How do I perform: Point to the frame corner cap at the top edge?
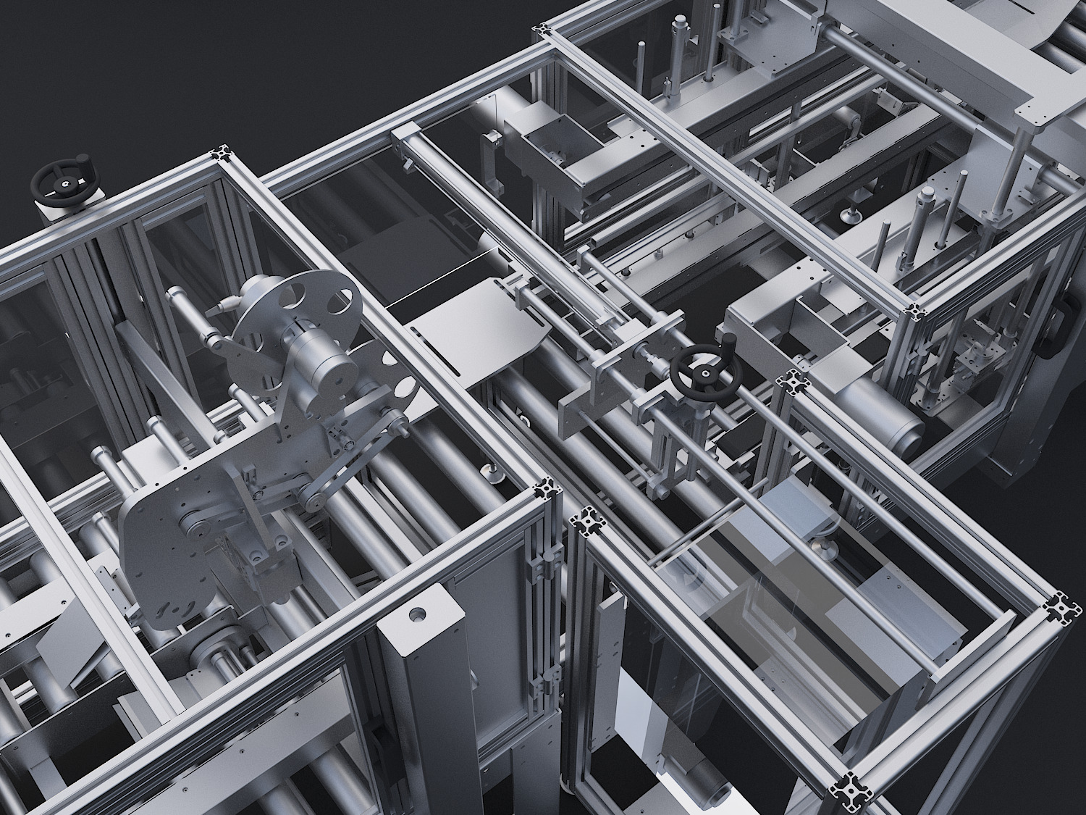point(542,31)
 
